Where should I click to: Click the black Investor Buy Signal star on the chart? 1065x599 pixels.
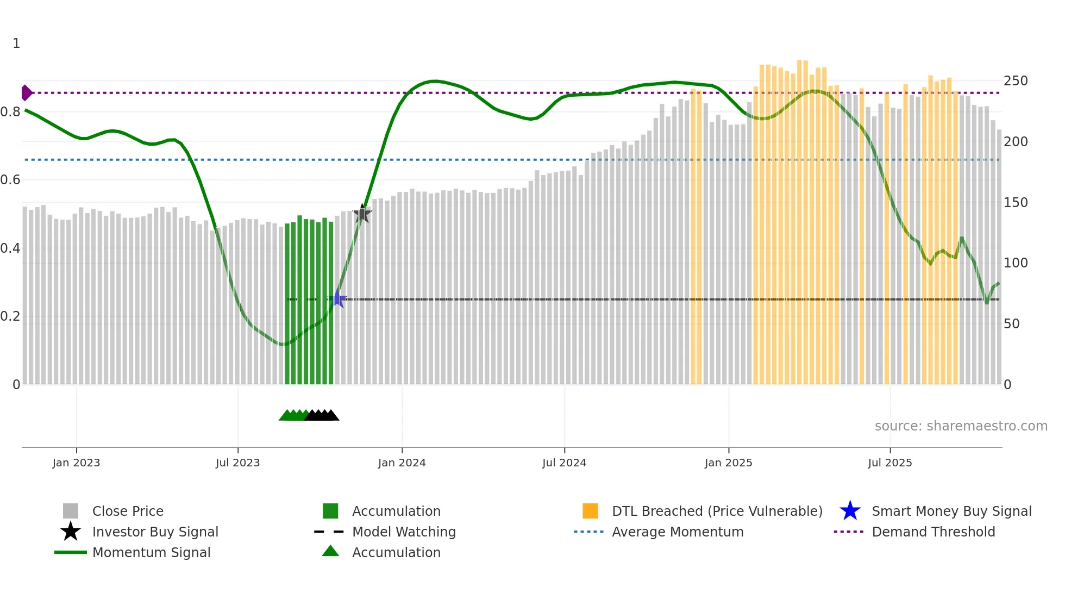coord(362,214)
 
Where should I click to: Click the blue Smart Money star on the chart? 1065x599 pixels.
coord(337,299)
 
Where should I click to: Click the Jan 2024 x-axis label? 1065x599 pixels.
coord(402,463)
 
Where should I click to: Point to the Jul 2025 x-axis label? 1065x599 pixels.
coord(889,463)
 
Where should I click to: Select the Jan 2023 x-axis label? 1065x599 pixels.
coord(76,463)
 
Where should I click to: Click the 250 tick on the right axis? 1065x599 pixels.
coord(1016,81)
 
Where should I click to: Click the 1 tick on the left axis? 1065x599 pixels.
coord(16,43)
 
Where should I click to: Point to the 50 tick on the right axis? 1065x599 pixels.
coord(1012,324)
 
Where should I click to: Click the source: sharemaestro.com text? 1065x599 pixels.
coord(961,426)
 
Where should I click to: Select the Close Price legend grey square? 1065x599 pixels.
coord(71,511)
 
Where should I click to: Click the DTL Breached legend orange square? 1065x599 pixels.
coord(590,511)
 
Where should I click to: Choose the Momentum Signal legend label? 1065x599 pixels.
coord(151,553)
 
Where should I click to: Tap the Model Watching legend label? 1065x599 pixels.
coord(404,532)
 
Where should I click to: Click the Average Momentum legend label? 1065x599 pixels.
coord(678,532)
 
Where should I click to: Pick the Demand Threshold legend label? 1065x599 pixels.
coord(933,532)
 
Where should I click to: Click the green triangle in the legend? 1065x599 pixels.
coord(330,552)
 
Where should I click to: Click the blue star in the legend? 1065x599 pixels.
coord(850,511)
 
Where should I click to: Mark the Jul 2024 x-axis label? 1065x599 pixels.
coord(564,463)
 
